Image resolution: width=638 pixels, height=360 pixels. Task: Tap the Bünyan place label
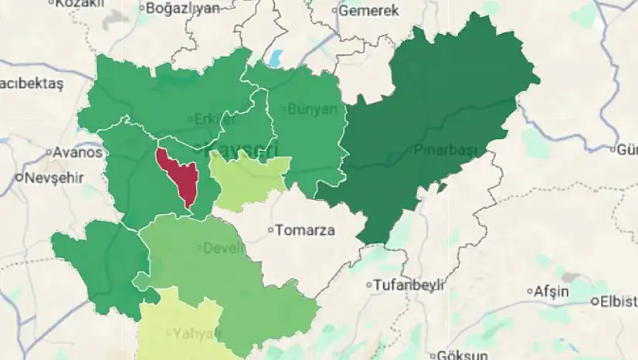tap(313, 109)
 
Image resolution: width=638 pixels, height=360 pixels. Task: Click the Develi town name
tap(223, 248)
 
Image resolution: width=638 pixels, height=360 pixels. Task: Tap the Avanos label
tap(77, 152)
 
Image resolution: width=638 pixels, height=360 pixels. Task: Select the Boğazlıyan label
tap(183, 8)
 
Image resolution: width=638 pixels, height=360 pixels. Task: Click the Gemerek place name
tap(368, 11)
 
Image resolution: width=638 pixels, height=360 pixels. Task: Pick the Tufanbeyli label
tap(409, 285)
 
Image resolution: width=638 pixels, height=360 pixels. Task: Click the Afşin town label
tap(552, 291)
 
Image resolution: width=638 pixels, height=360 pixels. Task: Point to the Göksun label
tap(463, 355)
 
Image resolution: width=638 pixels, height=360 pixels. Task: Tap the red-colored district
tap(177, 175)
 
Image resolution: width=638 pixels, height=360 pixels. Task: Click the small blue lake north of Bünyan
tap(276, 59)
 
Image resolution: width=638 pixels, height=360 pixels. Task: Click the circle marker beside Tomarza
tap(270, 229)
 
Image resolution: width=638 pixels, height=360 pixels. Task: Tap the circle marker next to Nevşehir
tap(19, 177)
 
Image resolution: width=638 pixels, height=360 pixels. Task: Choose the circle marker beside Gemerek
tap(335, 11)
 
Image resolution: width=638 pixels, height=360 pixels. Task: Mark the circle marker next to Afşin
tap(530, 291)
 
